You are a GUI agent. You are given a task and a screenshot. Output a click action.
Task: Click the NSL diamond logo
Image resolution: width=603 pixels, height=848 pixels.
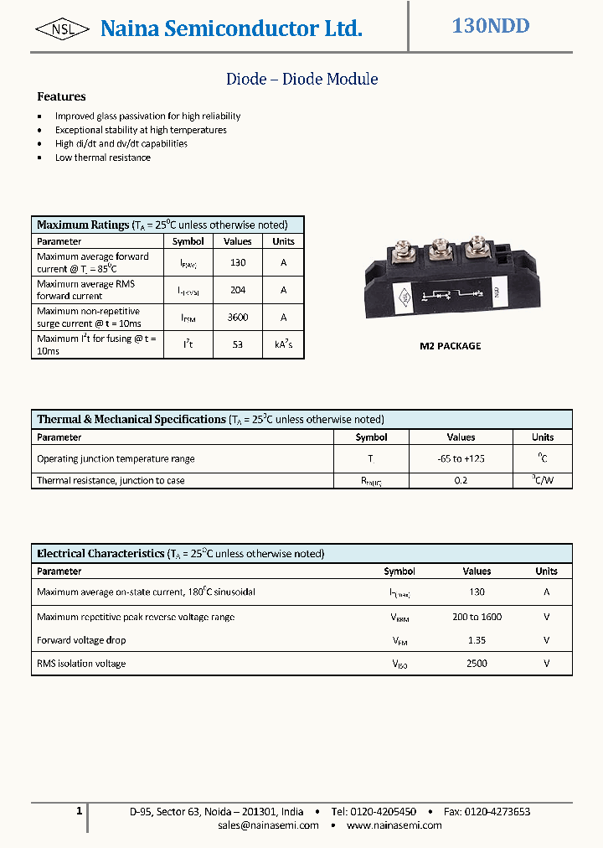(x=62, y=29)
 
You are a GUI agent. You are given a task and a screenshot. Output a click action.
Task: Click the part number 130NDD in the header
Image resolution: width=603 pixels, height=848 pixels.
(x=491, y=26)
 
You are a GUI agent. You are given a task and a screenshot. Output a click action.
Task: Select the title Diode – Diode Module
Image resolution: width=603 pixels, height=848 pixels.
(x=301, y=80)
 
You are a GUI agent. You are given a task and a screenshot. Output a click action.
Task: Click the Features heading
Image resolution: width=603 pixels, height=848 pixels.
(x=61, y=97)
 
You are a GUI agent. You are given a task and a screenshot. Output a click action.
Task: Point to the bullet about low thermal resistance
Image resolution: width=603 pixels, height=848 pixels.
(x=102, y=158)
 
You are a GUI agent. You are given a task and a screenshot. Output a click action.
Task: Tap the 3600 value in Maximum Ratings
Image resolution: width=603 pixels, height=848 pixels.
(x=237, y=318)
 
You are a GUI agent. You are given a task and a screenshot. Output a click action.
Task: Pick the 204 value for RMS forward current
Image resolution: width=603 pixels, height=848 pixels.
(x=237, y=290)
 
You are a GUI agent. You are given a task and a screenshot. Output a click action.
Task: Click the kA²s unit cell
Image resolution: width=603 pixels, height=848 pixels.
(x=283, y=344)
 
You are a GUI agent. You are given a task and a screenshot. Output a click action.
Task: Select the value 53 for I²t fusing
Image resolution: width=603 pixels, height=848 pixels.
(x=237, y=344)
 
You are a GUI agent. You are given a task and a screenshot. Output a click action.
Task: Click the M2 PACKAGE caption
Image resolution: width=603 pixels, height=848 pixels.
(x=450, y=346)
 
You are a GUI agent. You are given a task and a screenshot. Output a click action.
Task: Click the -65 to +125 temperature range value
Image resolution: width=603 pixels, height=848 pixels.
(x=461, y=458)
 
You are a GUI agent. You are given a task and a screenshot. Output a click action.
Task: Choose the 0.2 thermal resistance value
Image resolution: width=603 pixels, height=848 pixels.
(x=461, y=481)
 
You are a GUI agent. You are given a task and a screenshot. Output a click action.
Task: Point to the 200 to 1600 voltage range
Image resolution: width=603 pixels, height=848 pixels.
(x=477, y=617)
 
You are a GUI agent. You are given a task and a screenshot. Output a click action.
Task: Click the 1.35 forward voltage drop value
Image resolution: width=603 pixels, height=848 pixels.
(x=477, y=640)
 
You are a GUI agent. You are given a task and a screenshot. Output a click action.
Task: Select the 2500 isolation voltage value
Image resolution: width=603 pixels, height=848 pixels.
(x=477, y=664)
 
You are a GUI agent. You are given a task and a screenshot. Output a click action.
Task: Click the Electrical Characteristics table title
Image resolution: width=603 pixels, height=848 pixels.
(x=100, y=554)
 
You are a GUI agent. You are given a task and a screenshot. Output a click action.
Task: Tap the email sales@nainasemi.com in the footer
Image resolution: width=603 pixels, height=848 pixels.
(x=268, y=825)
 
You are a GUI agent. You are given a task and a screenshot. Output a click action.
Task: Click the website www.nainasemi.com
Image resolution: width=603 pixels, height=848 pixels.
(x=394, y=825)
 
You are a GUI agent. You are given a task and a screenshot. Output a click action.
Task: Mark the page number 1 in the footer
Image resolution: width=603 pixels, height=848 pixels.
(x=79, y=811)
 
